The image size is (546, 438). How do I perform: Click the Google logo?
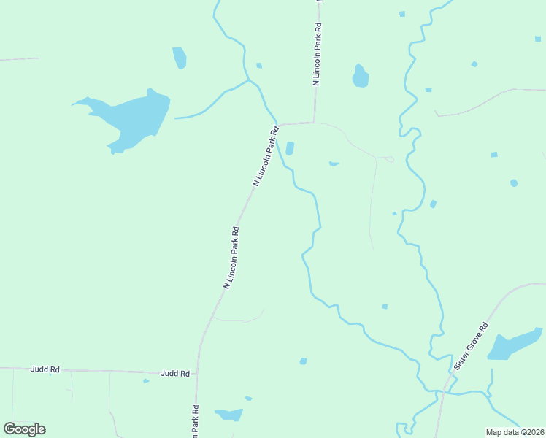coord(25,429)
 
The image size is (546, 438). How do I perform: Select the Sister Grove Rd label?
coord(470,347)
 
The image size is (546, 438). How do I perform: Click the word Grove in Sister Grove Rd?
coord(472,346)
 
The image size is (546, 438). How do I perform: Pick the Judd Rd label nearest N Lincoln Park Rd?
coord(175,373)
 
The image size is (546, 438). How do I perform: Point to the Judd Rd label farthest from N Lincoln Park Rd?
coord(45,369)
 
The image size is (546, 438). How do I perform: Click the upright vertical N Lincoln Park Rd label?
coord(318,55)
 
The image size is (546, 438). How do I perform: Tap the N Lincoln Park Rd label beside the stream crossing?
coord(266,156)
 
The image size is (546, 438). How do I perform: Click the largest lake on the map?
coord(131,117)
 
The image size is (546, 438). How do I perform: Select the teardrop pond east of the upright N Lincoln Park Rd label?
coord(360,77)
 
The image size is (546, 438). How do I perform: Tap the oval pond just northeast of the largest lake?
coord(180,58)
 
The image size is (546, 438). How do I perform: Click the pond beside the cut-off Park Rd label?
coord(229,415)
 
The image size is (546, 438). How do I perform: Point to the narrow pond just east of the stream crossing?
coord(290,148)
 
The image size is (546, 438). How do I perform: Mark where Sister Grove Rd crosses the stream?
coord(442,392)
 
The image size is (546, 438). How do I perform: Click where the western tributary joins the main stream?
coord(250,80)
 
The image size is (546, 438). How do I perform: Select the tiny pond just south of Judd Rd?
coord(146,380)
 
